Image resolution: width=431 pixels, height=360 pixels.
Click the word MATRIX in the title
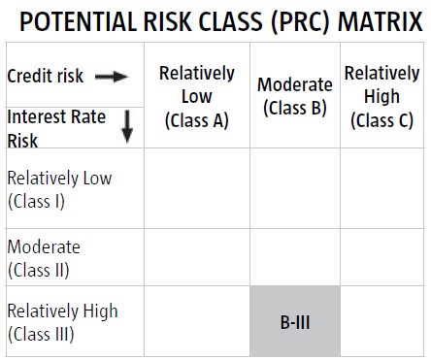tap(381, 21)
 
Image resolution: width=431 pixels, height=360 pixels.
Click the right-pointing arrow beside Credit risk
tap(112, 77)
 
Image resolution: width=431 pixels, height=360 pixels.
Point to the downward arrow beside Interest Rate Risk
tap(127, 126)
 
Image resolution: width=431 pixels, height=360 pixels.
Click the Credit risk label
tap(46, 77)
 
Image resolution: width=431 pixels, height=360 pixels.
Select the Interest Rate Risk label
tap(56, 128)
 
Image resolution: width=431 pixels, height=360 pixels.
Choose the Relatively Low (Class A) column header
tap(197, 97)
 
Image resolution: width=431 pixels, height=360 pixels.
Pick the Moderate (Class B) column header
tap(295, 96)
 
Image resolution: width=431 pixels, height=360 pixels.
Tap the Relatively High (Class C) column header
tap(382, 97)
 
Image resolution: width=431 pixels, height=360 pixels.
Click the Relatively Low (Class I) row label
tap(59, 189)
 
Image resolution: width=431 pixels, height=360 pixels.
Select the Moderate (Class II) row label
tap(44, 259)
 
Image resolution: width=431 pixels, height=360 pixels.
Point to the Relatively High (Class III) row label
tap(62, 322)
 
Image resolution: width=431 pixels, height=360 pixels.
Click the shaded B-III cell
tap(295, 321)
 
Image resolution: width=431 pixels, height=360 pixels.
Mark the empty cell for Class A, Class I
tap(197, 188)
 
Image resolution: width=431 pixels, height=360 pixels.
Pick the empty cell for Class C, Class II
tap(381, 257)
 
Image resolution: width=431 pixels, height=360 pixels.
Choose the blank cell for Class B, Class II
tap(295, 257)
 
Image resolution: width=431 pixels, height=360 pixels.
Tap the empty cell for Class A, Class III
tap(197, 321)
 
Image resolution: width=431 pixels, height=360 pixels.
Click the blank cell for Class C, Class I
tap(381, 188)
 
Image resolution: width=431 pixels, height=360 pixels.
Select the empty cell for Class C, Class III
tap(381, 321)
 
